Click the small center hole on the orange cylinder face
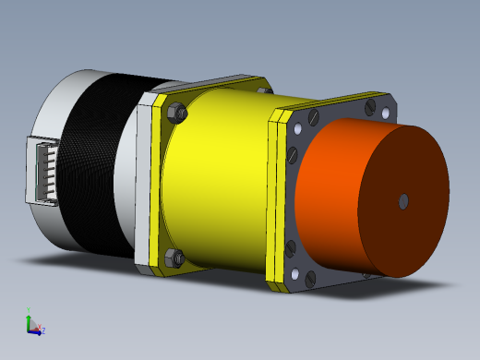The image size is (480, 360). pyautogui.click(x=403, y=199)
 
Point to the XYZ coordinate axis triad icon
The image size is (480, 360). pyautogui.click(x=33, y=324)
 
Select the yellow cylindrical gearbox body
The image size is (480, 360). pyautogui.click(x=217, y=175)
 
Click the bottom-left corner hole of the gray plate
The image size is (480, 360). pyautogui.click(x=295, y=275)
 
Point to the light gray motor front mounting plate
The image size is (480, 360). pyautogui.click(x=144, y=185)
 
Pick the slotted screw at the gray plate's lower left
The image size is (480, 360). pyautogui.click(x=293, y=246)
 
